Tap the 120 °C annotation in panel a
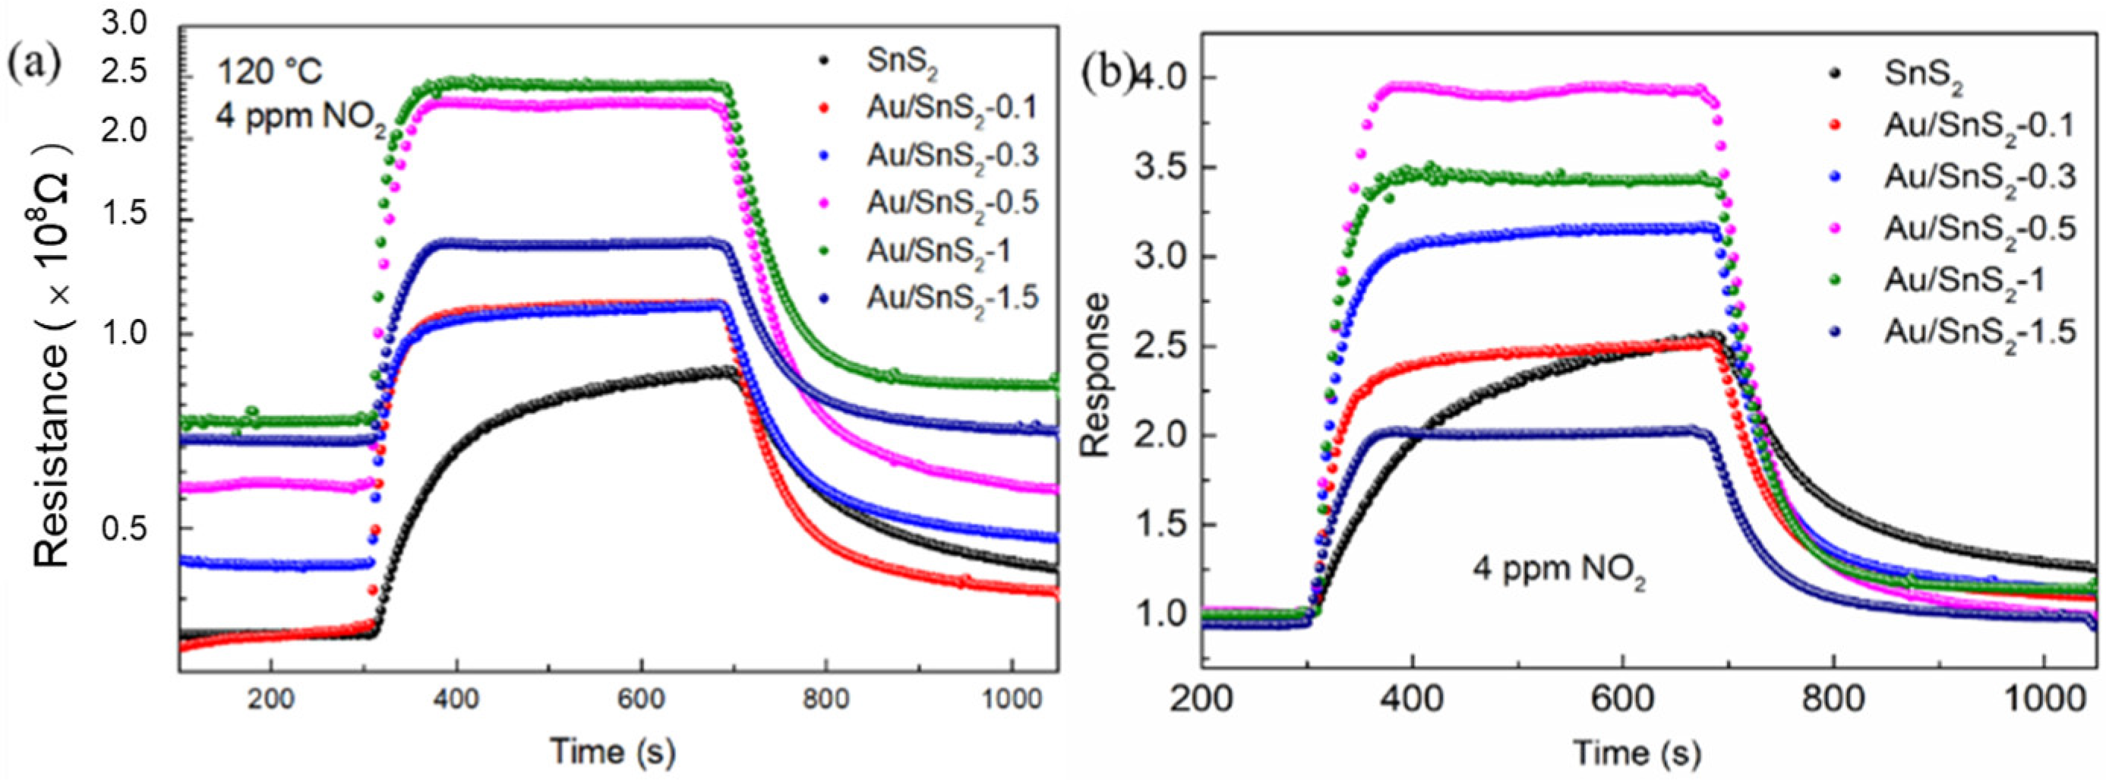pos(269,73)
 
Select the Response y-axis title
pos(1094,375)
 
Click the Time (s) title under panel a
pos(613,749)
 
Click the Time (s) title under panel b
pos(1637,751)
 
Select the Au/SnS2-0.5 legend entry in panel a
pos(952,202)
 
